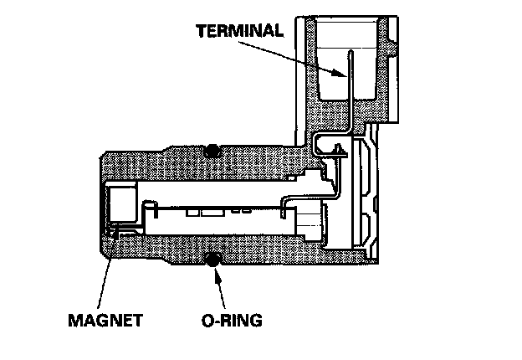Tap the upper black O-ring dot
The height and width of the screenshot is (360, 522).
(x=212, y=150)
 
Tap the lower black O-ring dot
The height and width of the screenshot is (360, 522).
(x=212, y=261)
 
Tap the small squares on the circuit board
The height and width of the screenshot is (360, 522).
(x=201, y=210)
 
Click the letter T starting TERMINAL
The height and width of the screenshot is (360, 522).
(x=200, y=32)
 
